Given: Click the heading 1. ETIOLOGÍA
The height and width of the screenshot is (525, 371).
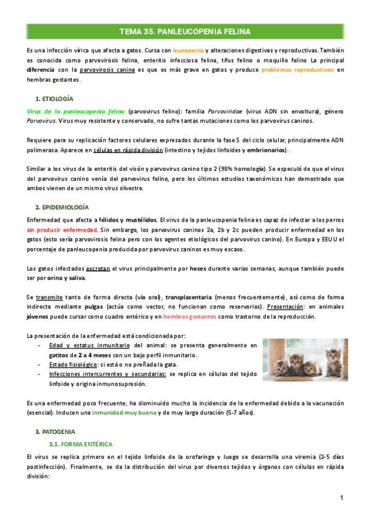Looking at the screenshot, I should pyautogui.click(x=55, y=98).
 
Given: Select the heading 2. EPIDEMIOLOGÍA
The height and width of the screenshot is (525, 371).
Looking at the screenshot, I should pyautogui.click(x=62, y=207).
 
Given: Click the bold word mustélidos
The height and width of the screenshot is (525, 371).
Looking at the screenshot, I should pyautogui.click(x=137, y=220).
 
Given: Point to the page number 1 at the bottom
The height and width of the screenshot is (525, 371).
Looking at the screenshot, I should pyautogui.click(x=341, y=498).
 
